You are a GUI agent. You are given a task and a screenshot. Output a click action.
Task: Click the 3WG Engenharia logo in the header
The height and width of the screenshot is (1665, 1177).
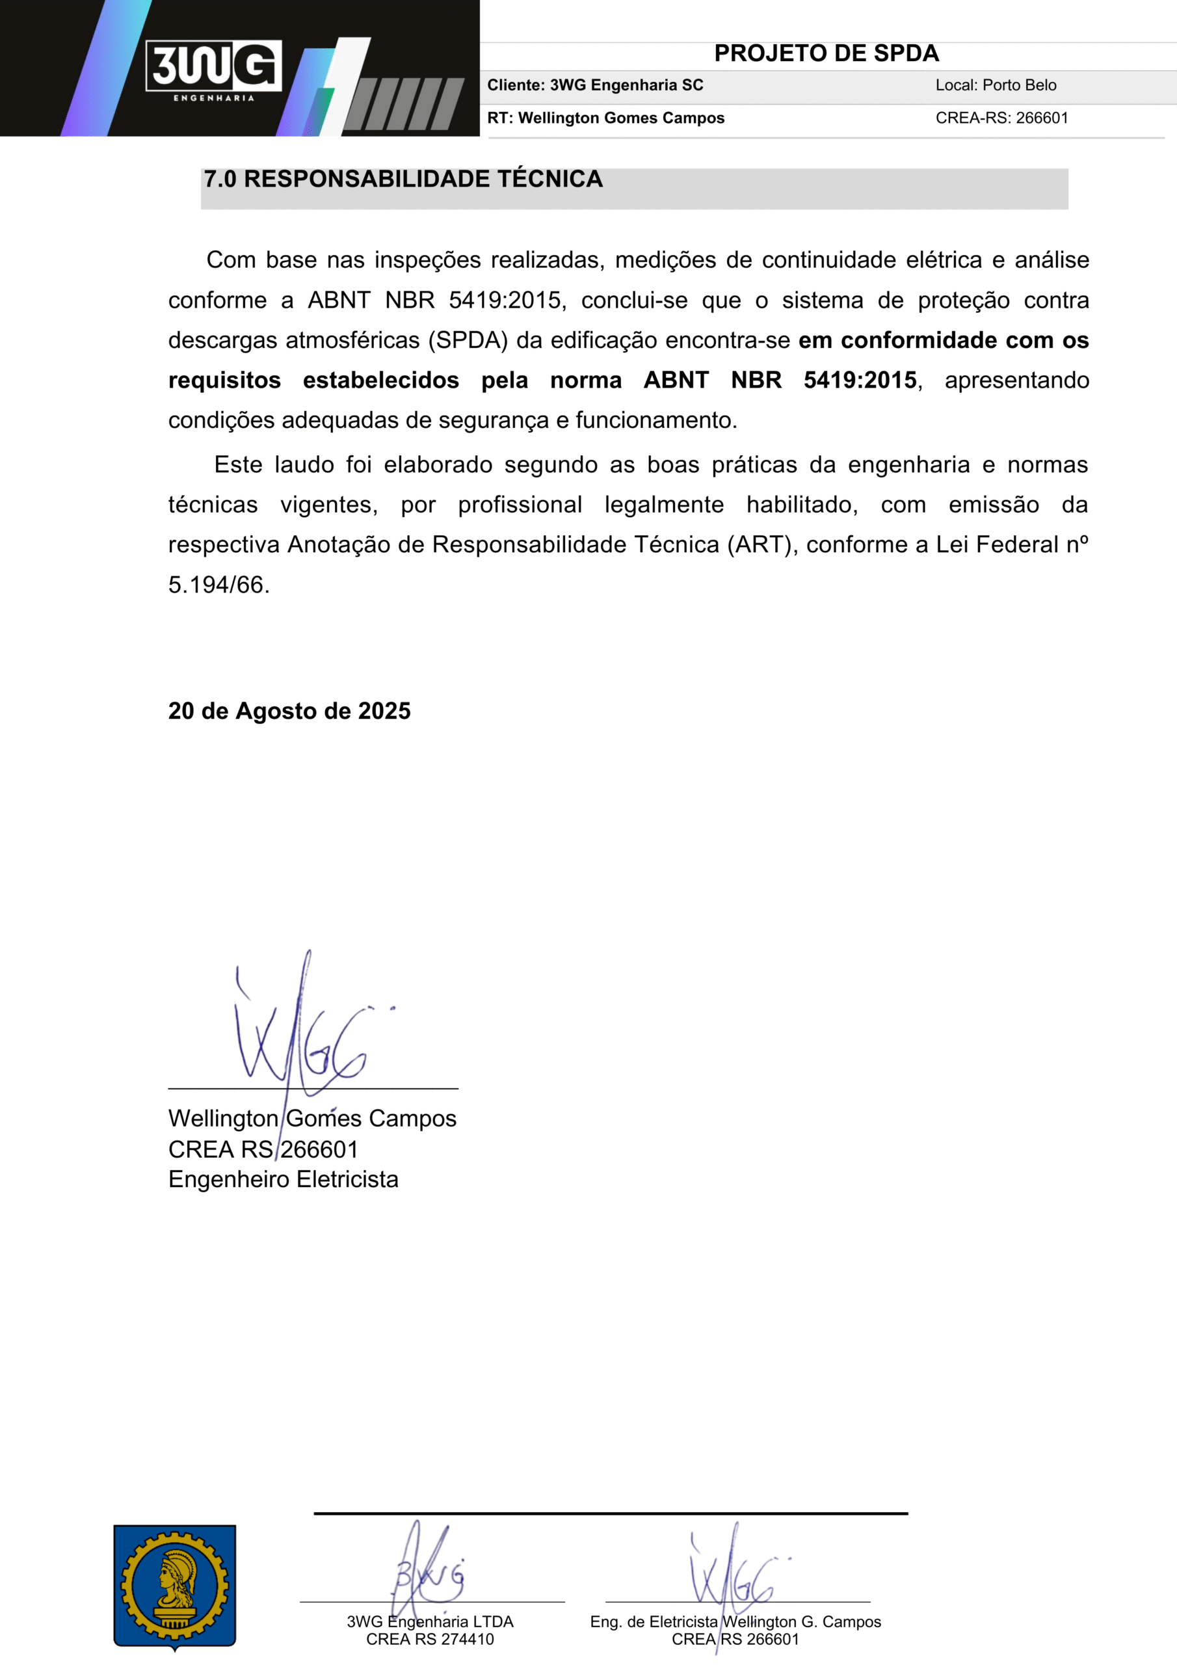click(213, 68)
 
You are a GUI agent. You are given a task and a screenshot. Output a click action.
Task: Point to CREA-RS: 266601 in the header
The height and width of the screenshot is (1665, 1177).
click(1001, 118)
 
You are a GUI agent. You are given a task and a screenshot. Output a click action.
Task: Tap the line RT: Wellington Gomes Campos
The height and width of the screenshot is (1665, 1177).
click(605, 118)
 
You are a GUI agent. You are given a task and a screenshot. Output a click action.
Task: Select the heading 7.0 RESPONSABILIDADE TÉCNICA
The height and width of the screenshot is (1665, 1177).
click(403, 179)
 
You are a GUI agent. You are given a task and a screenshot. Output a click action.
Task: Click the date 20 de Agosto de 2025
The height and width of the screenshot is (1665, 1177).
click(289, 711)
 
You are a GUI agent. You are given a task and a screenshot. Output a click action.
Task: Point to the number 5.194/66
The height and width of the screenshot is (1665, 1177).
click(218, 585)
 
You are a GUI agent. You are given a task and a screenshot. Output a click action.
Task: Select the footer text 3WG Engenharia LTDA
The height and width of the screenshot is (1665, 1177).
click(430, 1621)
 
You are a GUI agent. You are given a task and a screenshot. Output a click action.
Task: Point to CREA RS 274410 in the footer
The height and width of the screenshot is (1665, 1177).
click(430, 1639)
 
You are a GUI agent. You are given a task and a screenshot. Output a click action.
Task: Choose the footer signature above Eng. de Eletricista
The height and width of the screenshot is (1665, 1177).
click(732, 1574)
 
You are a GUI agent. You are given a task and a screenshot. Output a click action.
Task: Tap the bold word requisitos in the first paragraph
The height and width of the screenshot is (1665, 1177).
click(224, 380)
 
